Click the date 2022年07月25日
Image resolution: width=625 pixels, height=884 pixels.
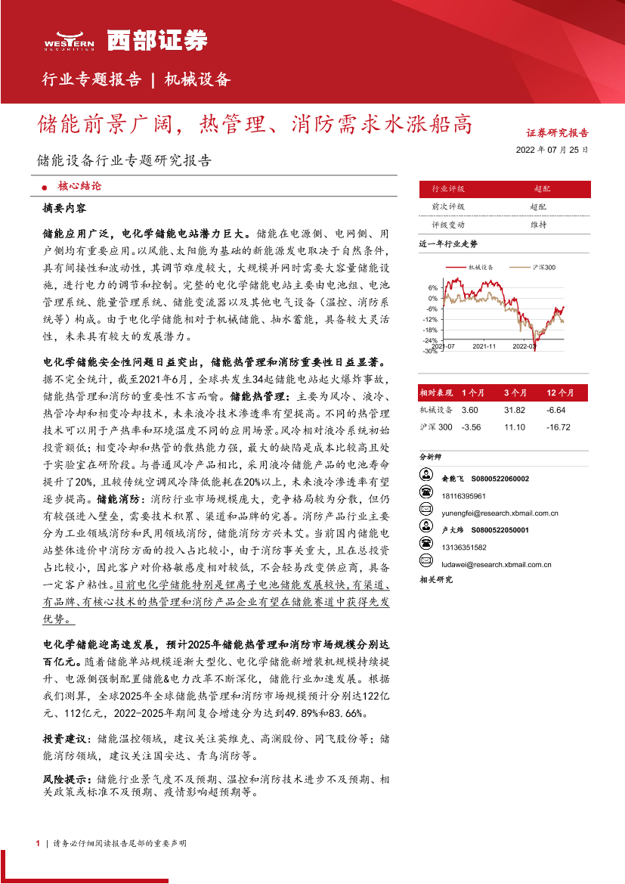coord(552,150)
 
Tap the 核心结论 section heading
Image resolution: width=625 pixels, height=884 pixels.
coord(79,185)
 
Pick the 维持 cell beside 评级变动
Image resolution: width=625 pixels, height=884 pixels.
coord(538,225)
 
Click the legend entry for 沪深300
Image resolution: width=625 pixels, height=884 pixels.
coord(534,268)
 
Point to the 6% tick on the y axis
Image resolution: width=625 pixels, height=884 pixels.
coord(432,287)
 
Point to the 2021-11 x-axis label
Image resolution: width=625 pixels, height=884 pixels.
coord(484,346)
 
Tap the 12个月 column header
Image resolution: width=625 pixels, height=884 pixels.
coord(559,392)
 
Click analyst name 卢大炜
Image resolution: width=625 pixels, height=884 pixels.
coord(451,530)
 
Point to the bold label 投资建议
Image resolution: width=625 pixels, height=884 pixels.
coord(66,738)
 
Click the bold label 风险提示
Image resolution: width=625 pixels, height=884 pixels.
coord(66,779)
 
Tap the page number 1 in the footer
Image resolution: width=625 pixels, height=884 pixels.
coord(37,842)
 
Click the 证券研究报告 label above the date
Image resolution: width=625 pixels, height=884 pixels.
coord(557,132)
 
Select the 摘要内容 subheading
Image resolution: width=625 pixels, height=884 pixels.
coord(65,207)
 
